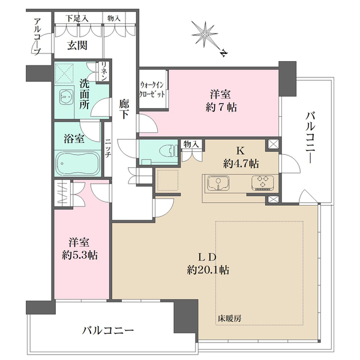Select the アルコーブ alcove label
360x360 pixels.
point(38,37)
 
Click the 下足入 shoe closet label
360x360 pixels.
point(77,19)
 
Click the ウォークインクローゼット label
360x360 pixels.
point(153,91)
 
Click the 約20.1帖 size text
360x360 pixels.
point(208,269)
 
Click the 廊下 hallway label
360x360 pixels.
point(124,109)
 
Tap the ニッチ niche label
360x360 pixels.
point(107,148)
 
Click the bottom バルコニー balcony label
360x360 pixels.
point(108,331)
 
